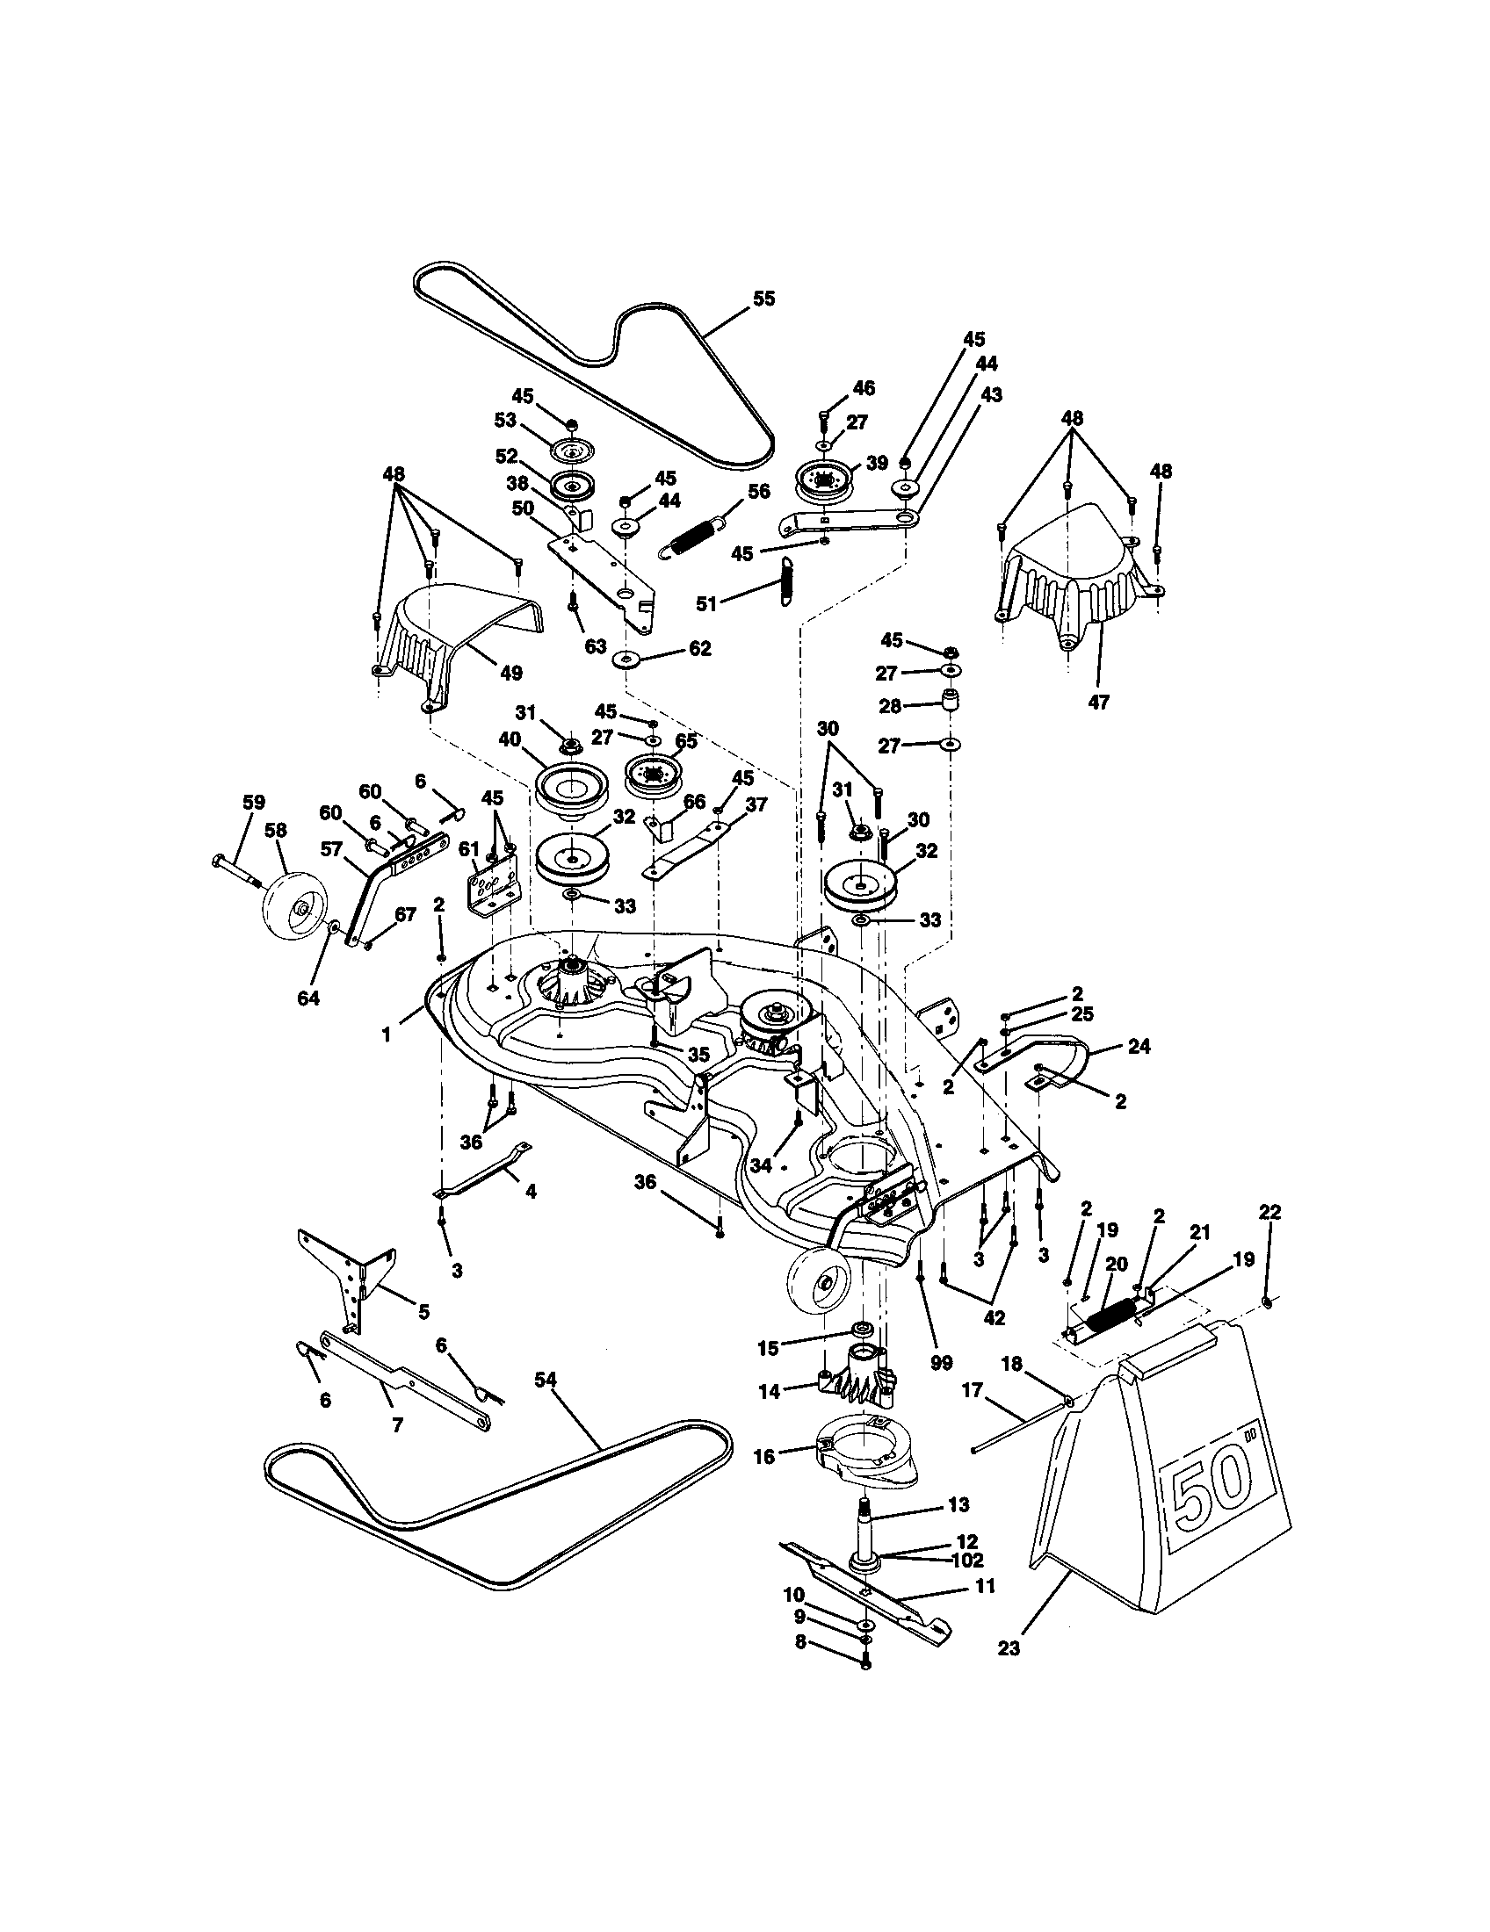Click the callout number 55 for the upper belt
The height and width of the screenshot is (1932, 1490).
pos(763,299)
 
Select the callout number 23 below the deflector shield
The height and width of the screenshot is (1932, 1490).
pos(1009,1648)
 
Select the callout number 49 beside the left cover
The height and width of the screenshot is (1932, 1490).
pos(511,673)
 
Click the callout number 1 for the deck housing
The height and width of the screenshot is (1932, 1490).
pos(386,1034)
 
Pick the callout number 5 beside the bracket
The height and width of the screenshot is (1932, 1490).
pos(423,1311)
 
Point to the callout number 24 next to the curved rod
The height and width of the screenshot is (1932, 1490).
pos(1139,1047)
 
